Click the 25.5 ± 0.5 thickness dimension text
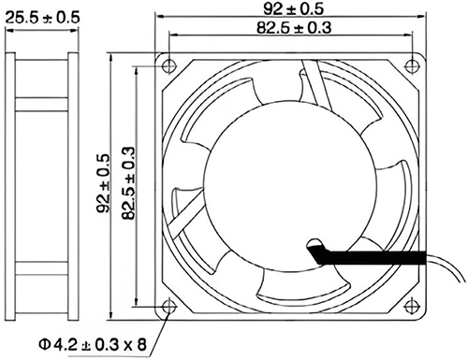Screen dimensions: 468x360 [x=42, y=18]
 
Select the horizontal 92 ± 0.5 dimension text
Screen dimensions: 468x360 [x=294, y=8]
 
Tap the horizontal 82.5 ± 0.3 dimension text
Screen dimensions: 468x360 [x=294, y=27]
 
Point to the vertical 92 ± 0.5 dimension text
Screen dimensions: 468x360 [x=104, y=183]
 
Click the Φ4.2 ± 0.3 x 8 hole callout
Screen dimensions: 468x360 [x=93, y=344]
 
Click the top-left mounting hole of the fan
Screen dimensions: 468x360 [x=168, y=65]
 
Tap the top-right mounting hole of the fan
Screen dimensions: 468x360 [x=412, y=65]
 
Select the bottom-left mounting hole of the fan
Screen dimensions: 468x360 [x=169, y=307]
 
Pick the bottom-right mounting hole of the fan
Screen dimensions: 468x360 [x=412, y=307]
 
